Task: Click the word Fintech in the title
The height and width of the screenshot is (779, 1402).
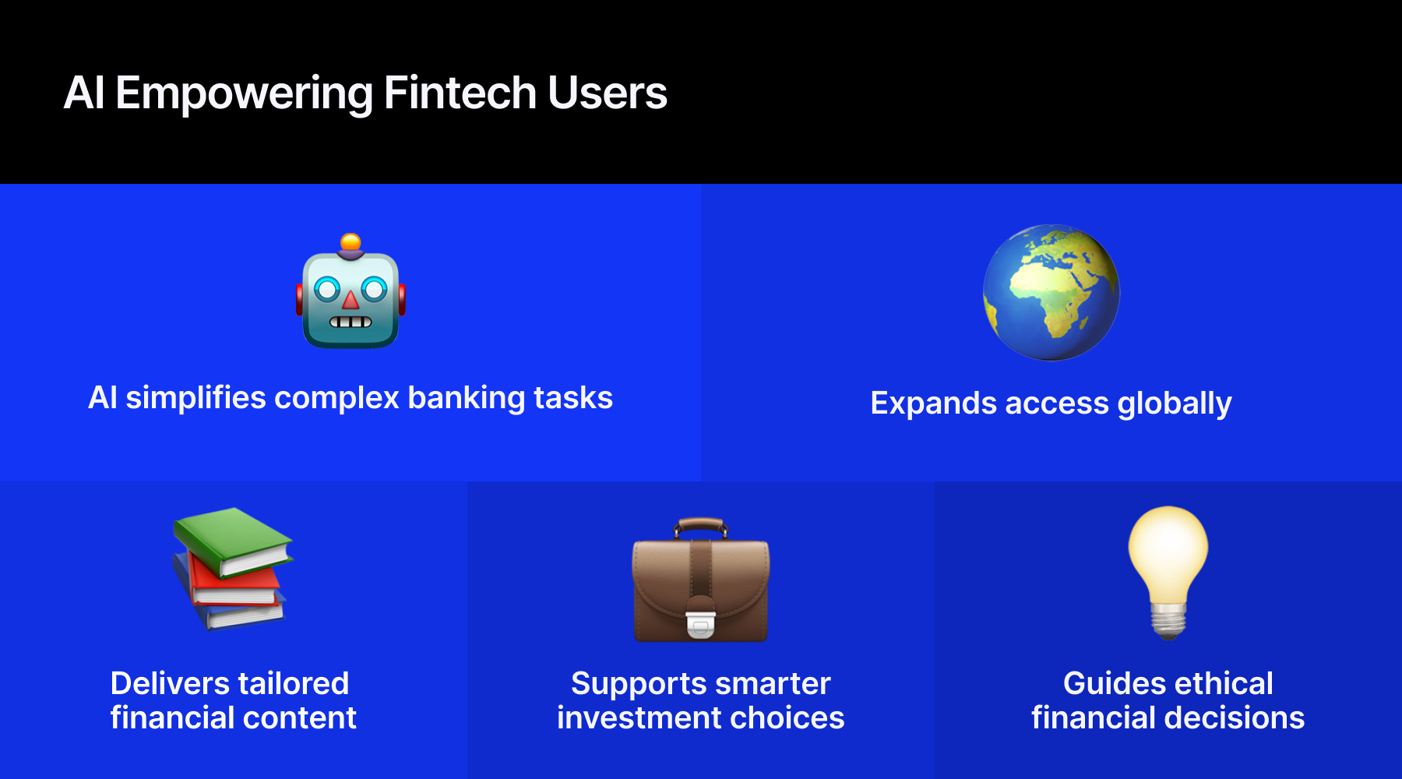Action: tap(460, 93)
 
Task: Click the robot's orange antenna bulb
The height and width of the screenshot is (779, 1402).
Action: tap(350, 241)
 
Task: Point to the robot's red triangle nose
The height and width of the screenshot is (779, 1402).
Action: tap(351, 299)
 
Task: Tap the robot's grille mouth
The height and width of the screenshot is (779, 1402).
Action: tap(350, 322)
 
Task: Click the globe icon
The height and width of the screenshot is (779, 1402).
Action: tap(1051, 293)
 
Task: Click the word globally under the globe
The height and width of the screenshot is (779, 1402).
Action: tap(1175, 404)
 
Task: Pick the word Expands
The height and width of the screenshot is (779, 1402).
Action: tap(933, 404)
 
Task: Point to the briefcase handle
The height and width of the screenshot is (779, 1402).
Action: tap(701, 527)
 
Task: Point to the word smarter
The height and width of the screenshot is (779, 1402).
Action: tap(771, 683)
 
